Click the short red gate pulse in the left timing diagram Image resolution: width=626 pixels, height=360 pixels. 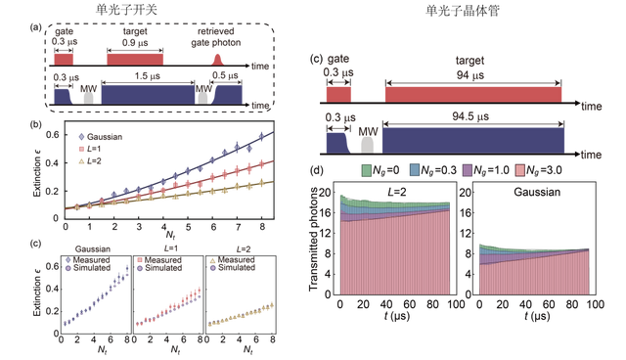(x=64, y=60)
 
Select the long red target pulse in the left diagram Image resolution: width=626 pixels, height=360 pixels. (x=134, y=59)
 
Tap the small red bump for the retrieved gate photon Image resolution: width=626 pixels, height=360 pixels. (x=217, y=60)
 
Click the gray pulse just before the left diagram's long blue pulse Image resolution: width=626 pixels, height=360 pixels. (x=88, y=96)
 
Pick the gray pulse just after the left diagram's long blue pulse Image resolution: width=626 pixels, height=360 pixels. (x=203, y=96)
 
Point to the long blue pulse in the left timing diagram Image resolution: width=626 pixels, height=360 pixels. (x=147, y=94)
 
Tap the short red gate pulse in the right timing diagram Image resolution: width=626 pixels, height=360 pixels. (x=337, y=94)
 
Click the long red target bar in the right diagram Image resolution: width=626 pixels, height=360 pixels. (x=473, y=94)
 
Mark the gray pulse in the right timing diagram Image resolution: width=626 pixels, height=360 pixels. (x=367, y=143)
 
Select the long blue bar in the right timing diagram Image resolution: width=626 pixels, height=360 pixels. (x=473, y=140)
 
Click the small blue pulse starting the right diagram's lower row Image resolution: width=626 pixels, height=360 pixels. (x=337, y=142)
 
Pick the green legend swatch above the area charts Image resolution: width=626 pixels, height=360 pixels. (x=366, y=170)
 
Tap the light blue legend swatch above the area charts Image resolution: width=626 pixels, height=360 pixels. (x=414, y=170)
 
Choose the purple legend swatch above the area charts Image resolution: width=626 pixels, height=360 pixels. (x=467, y=170)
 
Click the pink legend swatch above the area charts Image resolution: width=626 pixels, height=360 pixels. (x=520, y=170)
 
